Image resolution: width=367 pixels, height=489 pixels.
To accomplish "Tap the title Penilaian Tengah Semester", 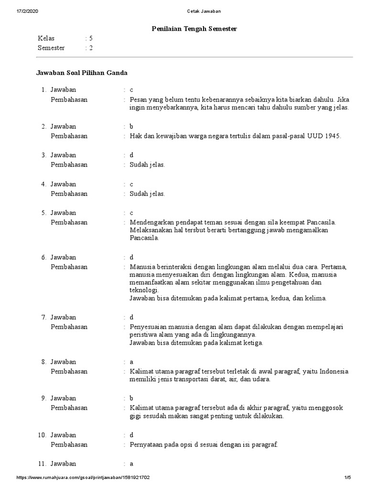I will pos(194,29).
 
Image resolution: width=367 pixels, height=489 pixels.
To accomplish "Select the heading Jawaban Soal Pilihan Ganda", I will pos(81,73).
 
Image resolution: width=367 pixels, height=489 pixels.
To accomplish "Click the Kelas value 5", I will pos(91,38).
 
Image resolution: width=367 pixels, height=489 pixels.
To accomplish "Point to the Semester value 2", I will pos(91,48).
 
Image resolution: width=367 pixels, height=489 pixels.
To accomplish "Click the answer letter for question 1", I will pos(131,90).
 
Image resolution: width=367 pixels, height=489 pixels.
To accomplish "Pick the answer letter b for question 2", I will pos(131,127).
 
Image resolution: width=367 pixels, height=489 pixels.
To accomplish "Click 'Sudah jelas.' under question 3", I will pos(147,165).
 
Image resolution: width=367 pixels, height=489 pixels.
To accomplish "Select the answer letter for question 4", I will pos(131,184).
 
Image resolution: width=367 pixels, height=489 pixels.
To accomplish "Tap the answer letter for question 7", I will pos(131,318).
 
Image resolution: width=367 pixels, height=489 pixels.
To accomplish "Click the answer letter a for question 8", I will pos(131,362).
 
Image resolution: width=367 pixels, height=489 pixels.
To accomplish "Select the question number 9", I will pos(43,398).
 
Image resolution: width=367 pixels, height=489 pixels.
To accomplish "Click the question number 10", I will pos(42,435).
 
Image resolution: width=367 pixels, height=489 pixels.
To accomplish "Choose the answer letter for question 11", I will pos(131,464).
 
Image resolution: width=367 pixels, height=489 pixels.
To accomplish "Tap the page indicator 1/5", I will pos(347,478).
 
